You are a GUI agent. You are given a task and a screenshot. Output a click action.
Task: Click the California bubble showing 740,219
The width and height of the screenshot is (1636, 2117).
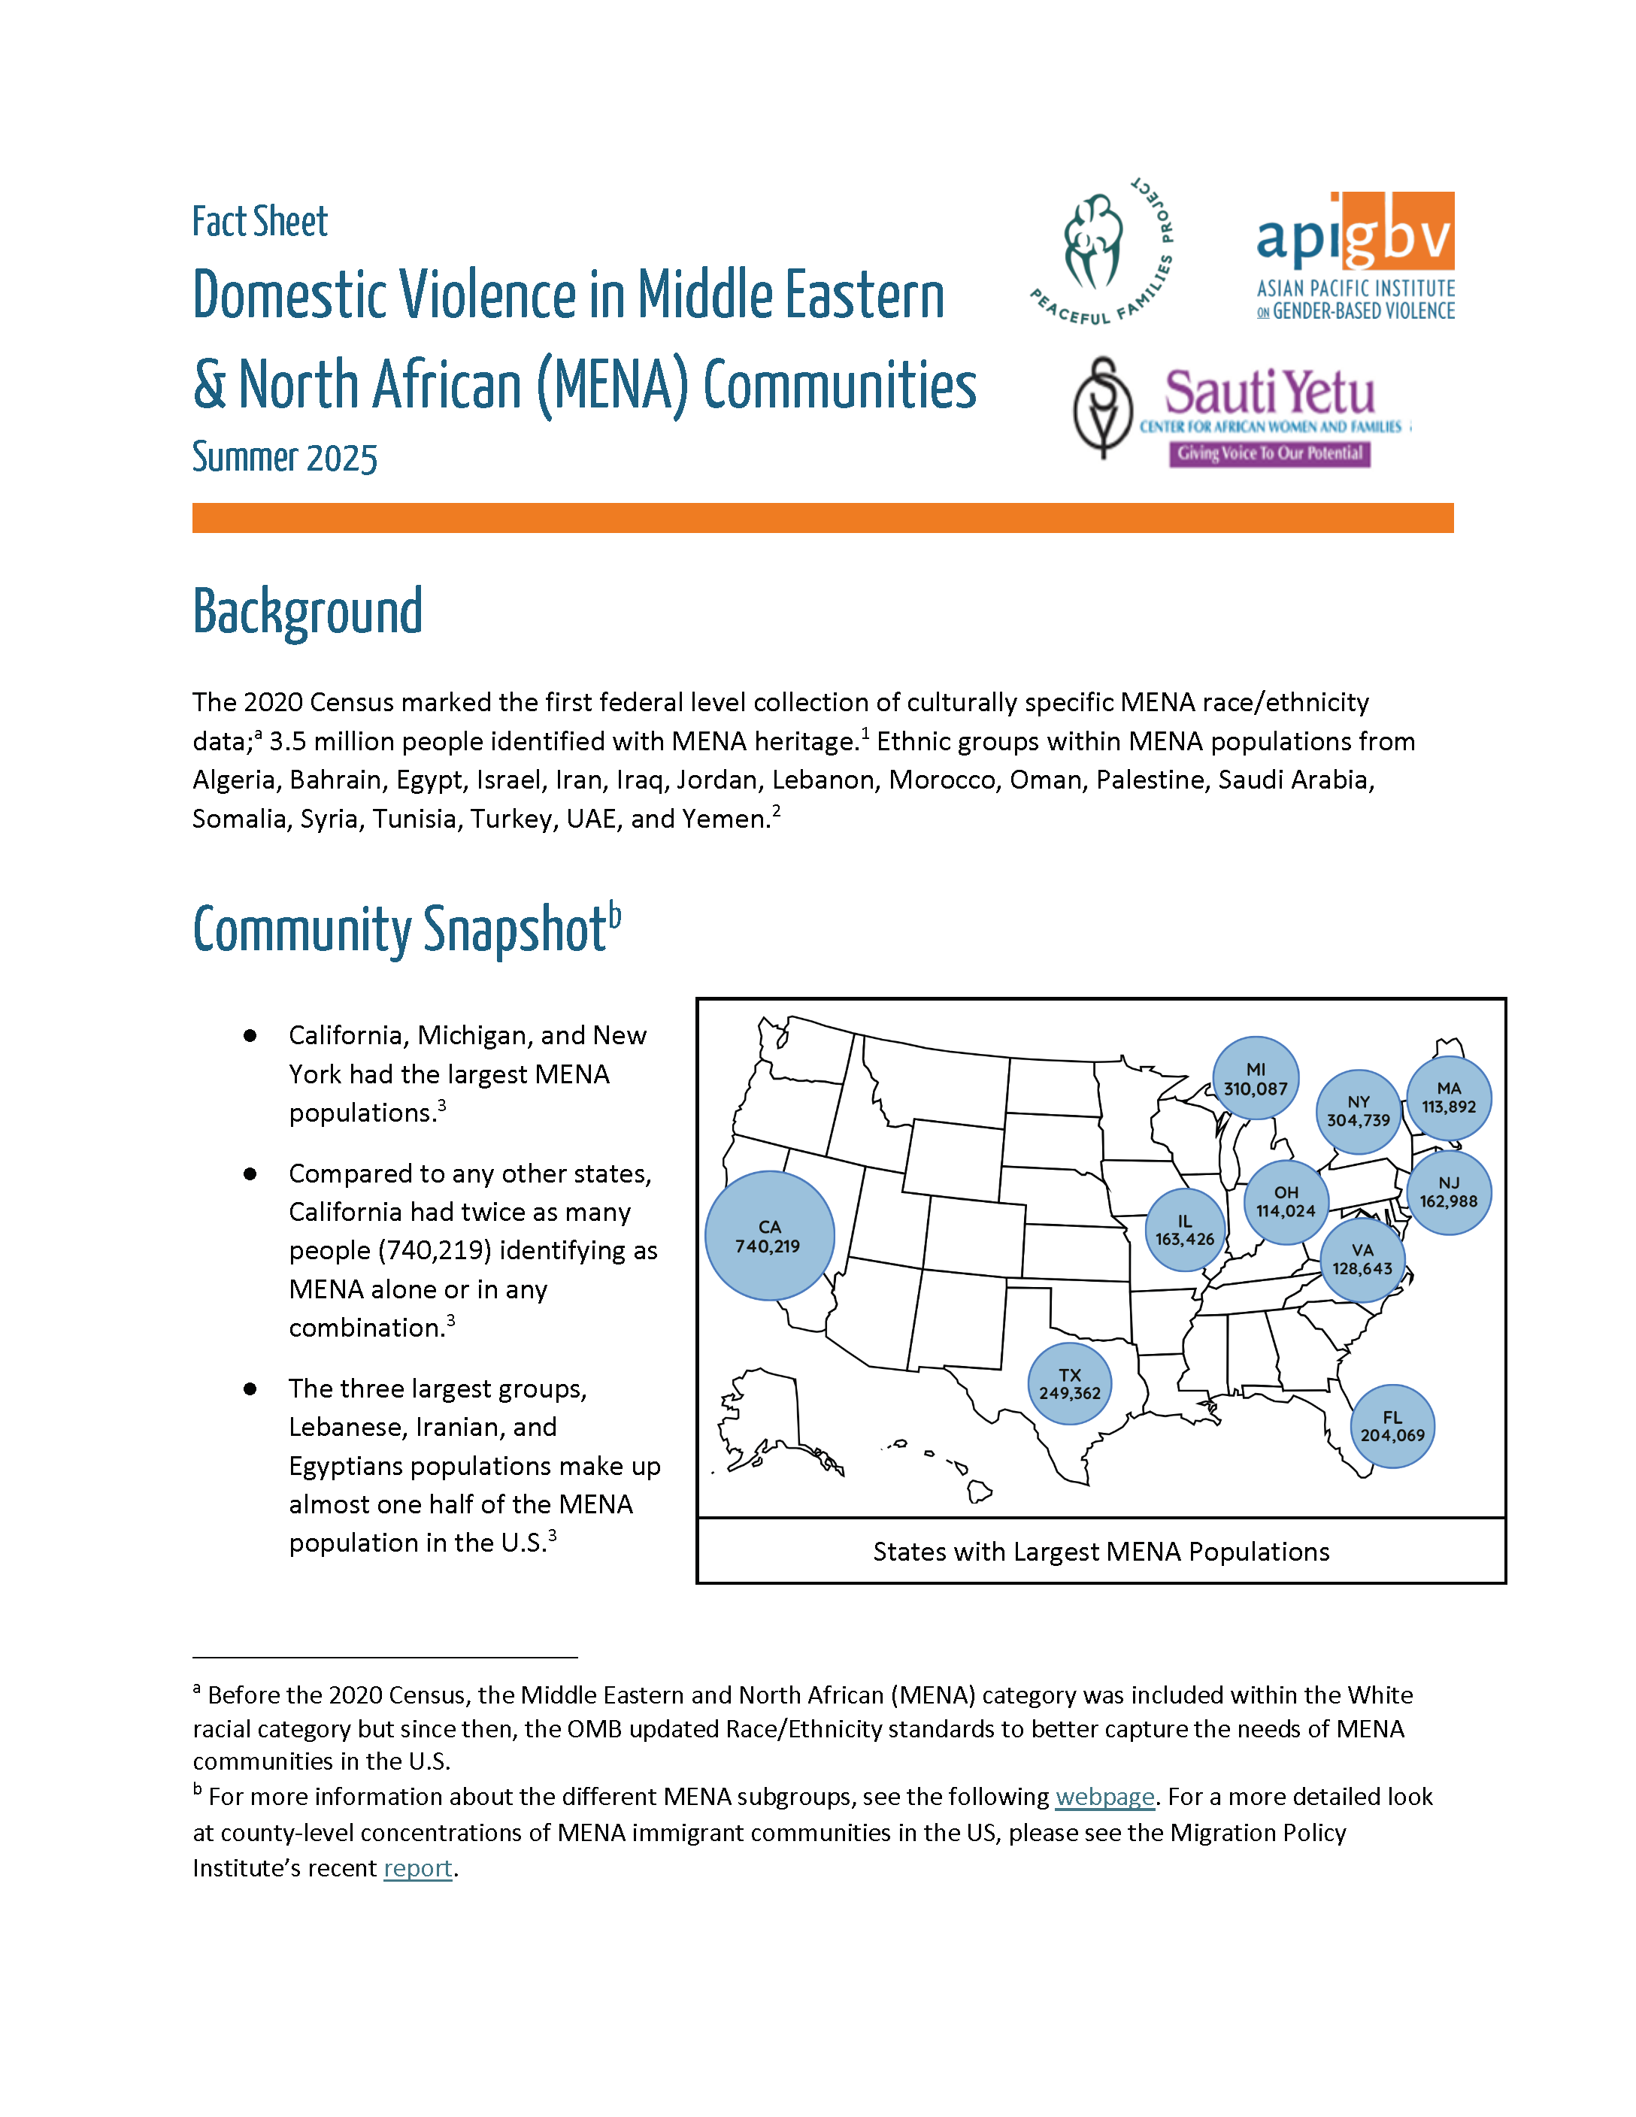tap(768, 1236)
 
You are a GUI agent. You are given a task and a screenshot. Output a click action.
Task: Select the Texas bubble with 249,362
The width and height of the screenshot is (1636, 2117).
tap(1069, 1384)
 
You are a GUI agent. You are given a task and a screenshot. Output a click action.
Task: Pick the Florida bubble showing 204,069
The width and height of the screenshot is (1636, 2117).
tap(1392, 1427)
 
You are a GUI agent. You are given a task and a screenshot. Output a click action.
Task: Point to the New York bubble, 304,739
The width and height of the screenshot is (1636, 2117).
tap(1358, 1111)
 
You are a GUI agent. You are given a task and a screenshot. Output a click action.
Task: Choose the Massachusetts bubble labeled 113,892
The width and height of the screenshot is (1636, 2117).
tap(1448, 1098)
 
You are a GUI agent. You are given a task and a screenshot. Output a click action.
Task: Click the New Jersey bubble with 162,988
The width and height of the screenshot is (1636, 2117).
tap(1448, 1192)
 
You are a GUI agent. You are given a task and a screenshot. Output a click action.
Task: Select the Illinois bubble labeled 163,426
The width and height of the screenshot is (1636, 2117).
tap(1184, 1230)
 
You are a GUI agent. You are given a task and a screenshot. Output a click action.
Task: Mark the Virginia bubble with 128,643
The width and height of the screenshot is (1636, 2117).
tap(1362, 1259)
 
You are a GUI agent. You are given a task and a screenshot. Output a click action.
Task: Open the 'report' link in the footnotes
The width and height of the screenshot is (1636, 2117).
tap(418, 1868)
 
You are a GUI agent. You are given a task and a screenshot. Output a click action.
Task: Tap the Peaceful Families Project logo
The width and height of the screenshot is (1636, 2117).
tap(1102, 252)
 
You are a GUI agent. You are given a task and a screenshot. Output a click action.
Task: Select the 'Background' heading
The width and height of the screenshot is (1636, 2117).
tap(308, 612)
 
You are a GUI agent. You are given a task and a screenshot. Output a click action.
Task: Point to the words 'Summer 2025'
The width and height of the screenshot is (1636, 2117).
tap(284, 458)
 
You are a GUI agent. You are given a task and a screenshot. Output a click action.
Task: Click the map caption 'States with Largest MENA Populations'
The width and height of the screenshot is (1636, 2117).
tap(1100, 1552)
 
